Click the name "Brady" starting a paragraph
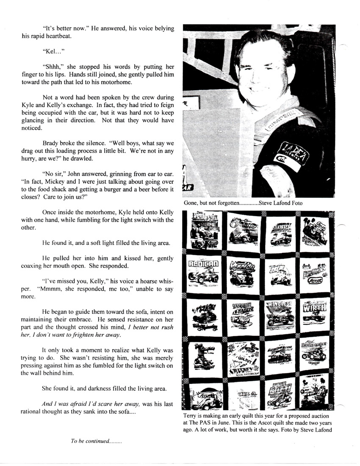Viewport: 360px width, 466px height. click(x=51, y=144)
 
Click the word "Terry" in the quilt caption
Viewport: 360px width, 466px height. click(x=191, y=416)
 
